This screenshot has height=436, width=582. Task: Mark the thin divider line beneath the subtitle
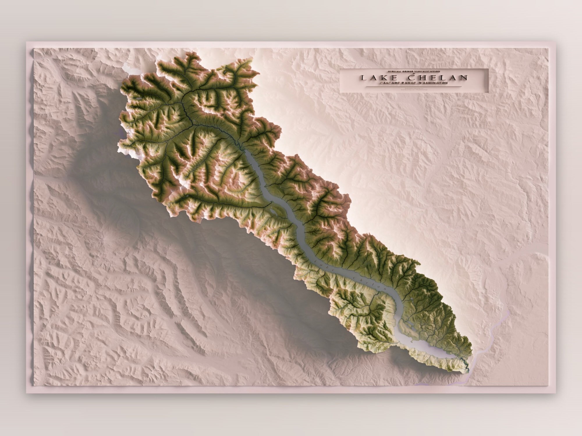[413, 86]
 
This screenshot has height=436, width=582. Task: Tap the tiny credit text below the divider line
[413, 89]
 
